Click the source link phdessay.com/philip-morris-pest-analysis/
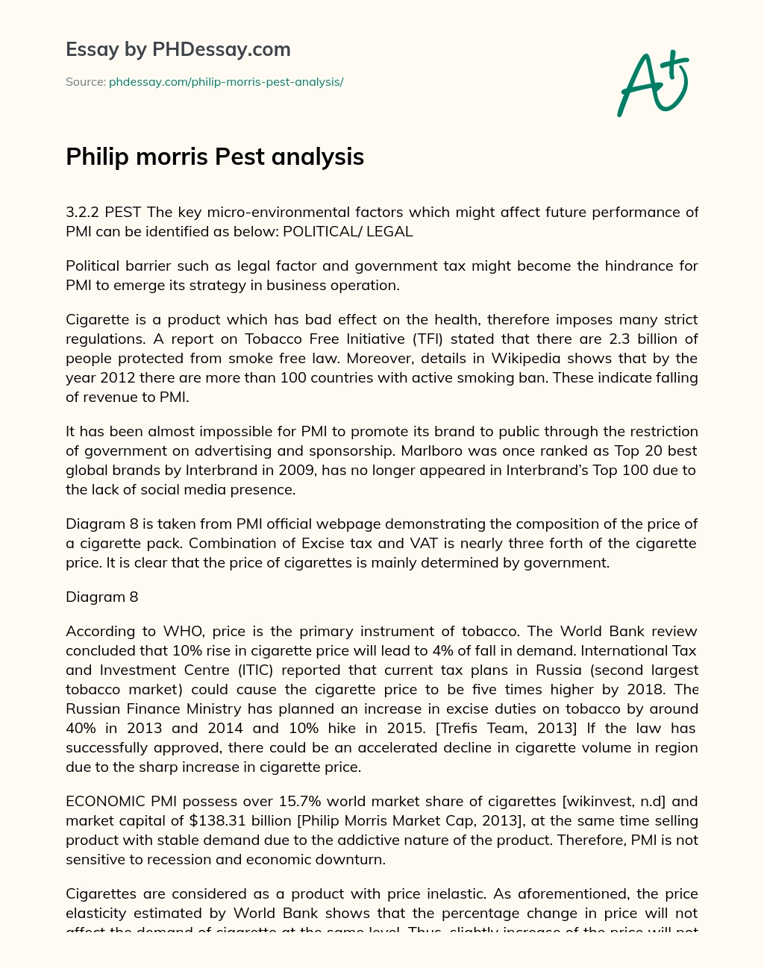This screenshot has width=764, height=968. click(x=226, y=82)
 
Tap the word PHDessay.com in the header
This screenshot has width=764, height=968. click(x=222, y=49)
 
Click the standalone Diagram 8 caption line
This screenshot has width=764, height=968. click(x=102, y=597)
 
